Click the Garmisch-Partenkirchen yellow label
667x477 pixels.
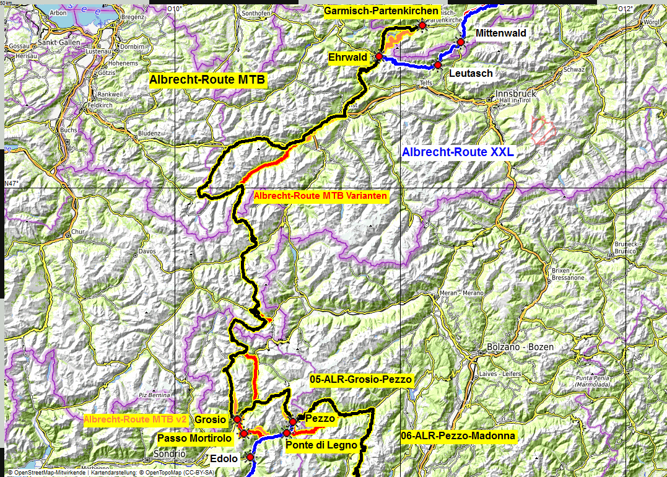click(381, 12)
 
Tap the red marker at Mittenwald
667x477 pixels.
click(461, 42)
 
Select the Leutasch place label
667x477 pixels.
click(471, 73)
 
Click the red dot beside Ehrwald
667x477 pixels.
click(378, 56)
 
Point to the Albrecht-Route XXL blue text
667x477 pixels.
click(458, 152)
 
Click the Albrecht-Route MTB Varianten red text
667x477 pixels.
click(321, 196)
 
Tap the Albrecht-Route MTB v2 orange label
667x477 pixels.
click(136, 419)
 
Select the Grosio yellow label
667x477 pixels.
click(210, 419)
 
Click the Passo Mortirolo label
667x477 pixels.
click(194, 439)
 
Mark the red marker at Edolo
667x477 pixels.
click(250, 457)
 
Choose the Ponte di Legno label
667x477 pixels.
click(321, 444)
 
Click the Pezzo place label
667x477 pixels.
click(320, 419)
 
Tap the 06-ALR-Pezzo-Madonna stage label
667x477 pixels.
click(458, 436)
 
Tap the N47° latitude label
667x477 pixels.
click(12, 183)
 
